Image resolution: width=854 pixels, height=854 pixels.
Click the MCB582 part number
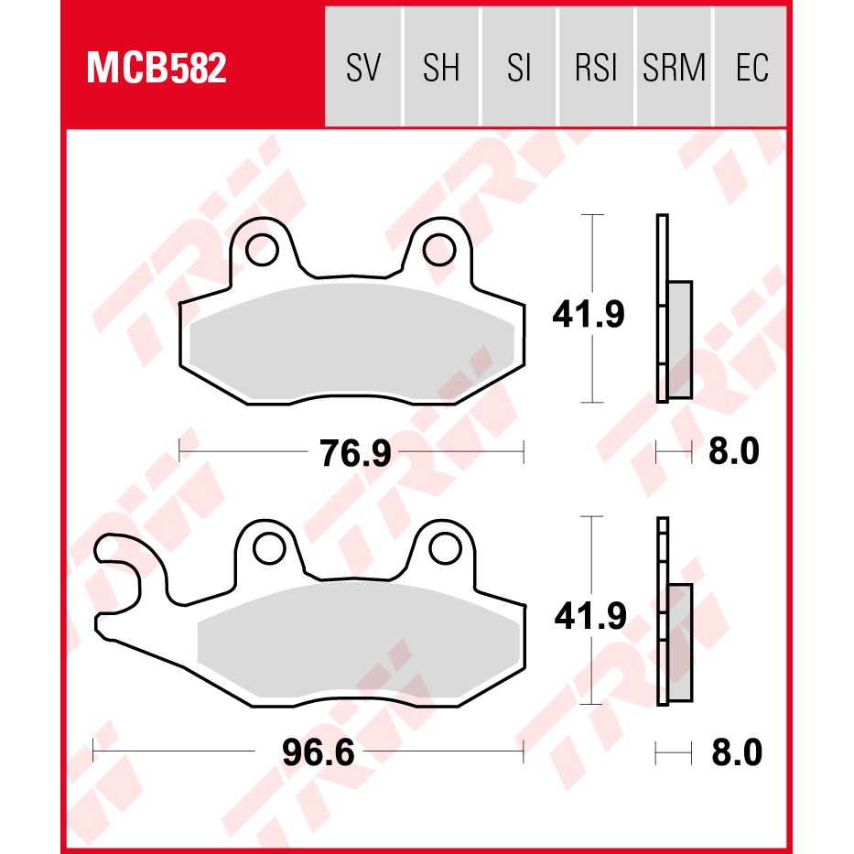click(157, 68)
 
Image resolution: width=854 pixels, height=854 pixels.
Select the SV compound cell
click(363, 67)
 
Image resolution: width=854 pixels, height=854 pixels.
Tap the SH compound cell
click(441, 67)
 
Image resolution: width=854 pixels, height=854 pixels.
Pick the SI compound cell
click(518, 67)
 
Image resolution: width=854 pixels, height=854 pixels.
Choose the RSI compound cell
click(596, 67)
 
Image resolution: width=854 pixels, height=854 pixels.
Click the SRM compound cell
click(674, 67)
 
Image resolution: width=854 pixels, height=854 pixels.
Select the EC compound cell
click(751, 67)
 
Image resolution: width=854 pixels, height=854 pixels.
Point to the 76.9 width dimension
click(355, 452)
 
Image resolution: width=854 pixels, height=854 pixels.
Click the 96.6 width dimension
click(319, 752)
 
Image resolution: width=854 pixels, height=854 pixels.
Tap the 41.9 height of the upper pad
click(589, 314)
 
